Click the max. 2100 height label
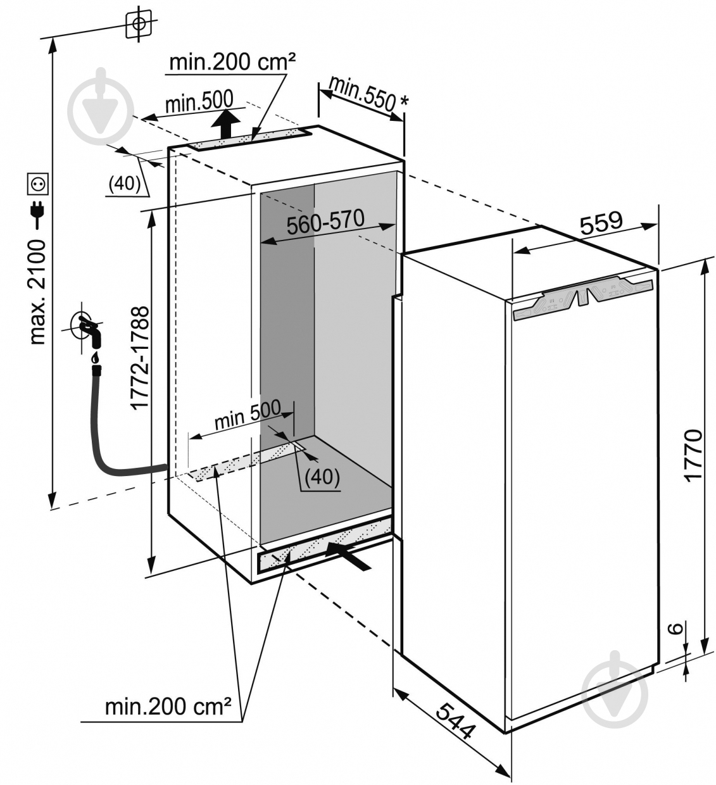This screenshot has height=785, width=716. click(38, 292)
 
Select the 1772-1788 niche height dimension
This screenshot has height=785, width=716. click(140, 358)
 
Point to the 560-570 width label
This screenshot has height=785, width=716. click(325, 222)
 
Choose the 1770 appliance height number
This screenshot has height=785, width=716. click(693, 456)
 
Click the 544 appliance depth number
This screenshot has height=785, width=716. click(456, 721)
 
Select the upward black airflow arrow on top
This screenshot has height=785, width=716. click(225, 123)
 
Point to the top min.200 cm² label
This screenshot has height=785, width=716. click(234, 61)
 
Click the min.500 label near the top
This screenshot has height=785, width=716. click(199, 101)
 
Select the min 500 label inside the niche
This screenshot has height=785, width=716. click(248, 414)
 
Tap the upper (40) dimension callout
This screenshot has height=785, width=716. click(125, 183)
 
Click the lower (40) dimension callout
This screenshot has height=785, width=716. click(322, 476)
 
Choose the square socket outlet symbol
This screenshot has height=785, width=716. click(37, 184)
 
